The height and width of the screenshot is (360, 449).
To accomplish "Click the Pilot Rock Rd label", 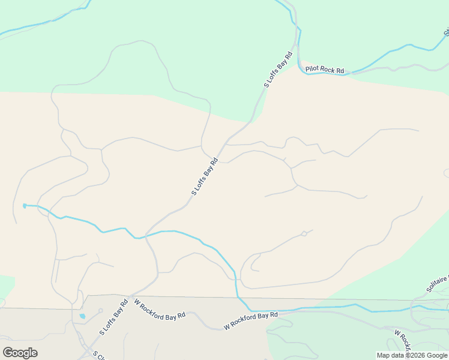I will tap(325, 70).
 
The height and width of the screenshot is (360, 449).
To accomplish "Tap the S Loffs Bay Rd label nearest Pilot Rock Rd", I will tap(279, 70).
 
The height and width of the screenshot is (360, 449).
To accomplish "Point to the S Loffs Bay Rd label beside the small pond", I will tap(114, 316).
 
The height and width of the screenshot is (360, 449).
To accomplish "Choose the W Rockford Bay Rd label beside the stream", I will tap(251, 320).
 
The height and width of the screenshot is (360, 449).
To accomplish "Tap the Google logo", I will tap(20, 353).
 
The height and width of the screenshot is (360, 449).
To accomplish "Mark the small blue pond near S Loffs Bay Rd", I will tap(82, 316).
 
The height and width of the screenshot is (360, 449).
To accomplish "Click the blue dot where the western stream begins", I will tap(25, 206).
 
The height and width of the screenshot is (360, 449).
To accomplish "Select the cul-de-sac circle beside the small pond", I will tap(101, 311).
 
